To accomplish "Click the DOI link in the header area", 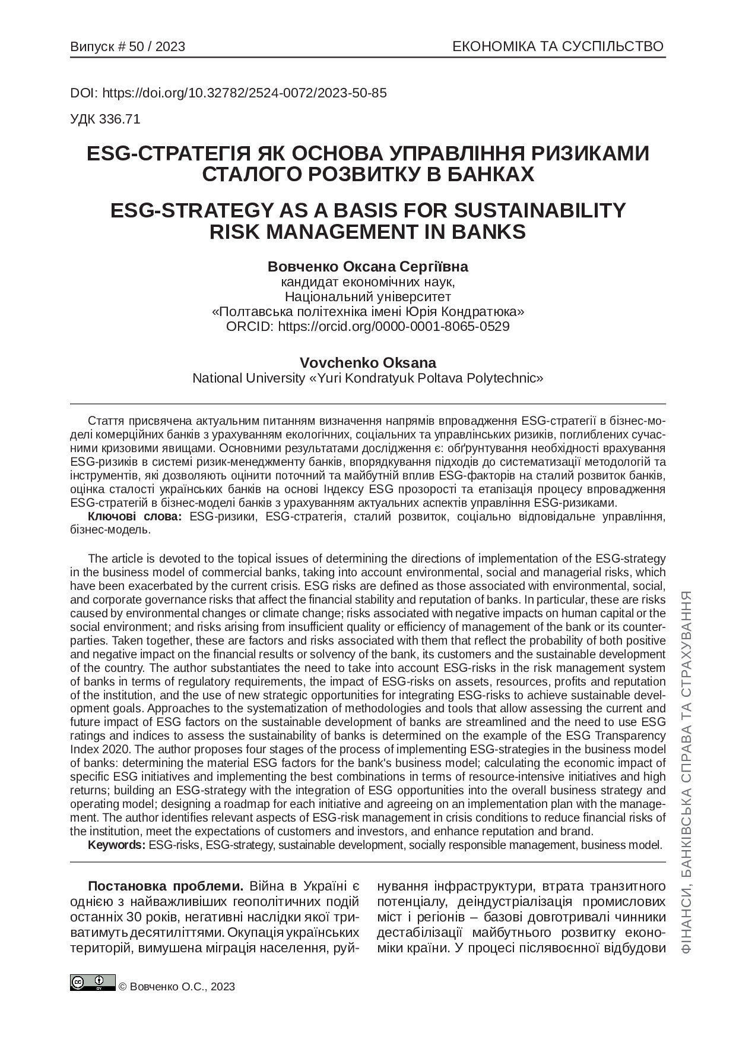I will (245, 93).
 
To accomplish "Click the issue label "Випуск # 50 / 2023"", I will (128, 47).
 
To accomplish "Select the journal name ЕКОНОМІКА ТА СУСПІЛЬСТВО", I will (557, 47).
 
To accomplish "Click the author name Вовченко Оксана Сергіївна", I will (367, 266).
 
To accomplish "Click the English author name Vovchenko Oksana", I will (367, 362).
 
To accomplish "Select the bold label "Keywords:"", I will (116, 845).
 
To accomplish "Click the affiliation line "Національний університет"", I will (367, 296).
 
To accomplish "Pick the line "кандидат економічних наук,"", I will (367, 281).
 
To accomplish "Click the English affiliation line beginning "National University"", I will (367, 378).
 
